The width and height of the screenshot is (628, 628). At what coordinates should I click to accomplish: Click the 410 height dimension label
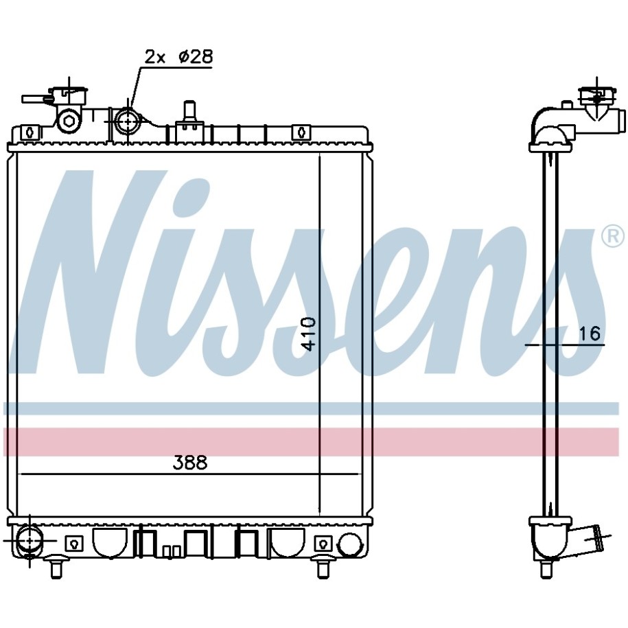(309, 334)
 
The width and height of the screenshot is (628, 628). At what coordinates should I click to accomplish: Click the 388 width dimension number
(190, 463)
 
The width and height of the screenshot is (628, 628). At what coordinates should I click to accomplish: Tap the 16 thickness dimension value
(590, 334)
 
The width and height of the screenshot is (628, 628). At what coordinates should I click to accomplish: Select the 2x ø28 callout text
(178, 57)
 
